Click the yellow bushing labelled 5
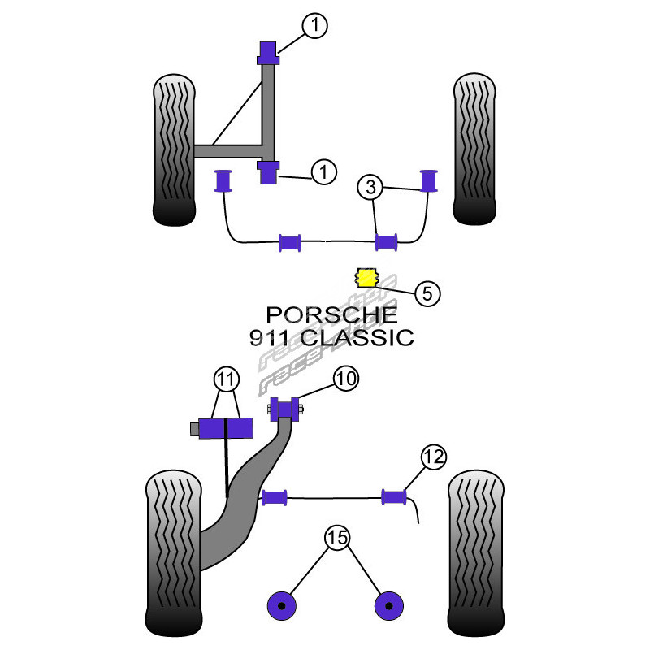click(x=367, y=278)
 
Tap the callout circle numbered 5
click(x=427, y=293)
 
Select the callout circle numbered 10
click(x=345, y=378)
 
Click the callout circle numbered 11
click(x=226, y=378)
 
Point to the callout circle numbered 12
click(x=434, y=457)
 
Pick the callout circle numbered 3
click(x=371, y=188)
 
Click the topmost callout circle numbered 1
click(x=314, y=26)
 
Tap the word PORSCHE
click(x=333, y=314)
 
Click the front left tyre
click(x=174, y=150)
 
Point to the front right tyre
click(x=475, y=150)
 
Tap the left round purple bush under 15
click(x=281, y=605)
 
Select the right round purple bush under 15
click(x=389, y=605)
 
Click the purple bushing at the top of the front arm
click(x=268, y=53)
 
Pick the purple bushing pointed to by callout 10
click(x=284, y=408)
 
